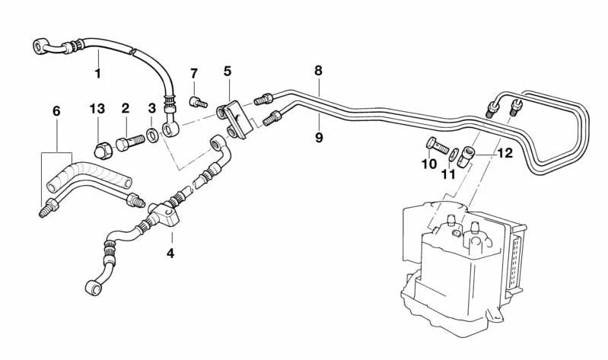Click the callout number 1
[x=97, y=73]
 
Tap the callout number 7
[x=194, y=74]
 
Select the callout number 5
[x=228, y=72]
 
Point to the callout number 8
[x=318, y=70]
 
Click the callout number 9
[x=319, y=137]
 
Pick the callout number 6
[x=56, y=111]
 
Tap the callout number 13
[x=97, y=109]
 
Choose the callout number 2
[x=126, y=109]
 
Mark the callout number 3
[x=151, y=109]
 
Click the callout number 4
[x=170, y=253]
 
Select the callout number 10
[x=428, y=164]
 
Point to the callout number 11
[x=449, y=174]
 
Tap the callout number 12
[x=505, y=153]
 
